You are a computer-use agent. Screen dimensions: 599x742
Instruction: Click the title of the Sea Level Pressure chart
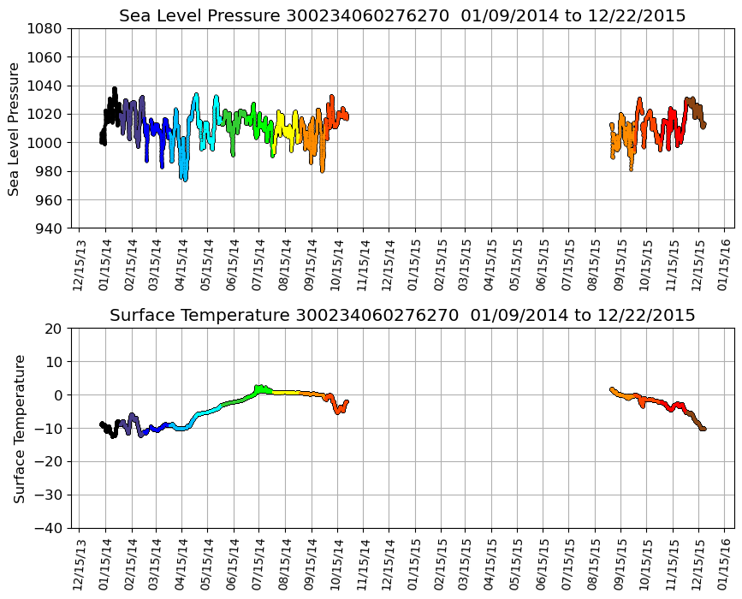point(402,16)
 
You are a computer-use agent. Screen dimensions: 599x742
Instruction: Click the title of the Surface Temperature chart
point(402,316)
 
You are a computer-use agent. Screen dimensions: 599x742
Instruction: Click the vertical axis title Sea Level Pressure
point(15,128)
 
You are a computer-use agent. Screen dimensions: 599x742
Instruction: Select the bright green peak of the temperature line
point(261,389)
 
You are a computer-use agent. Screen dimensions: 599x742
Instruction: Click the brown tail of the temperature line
point(699,425)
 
